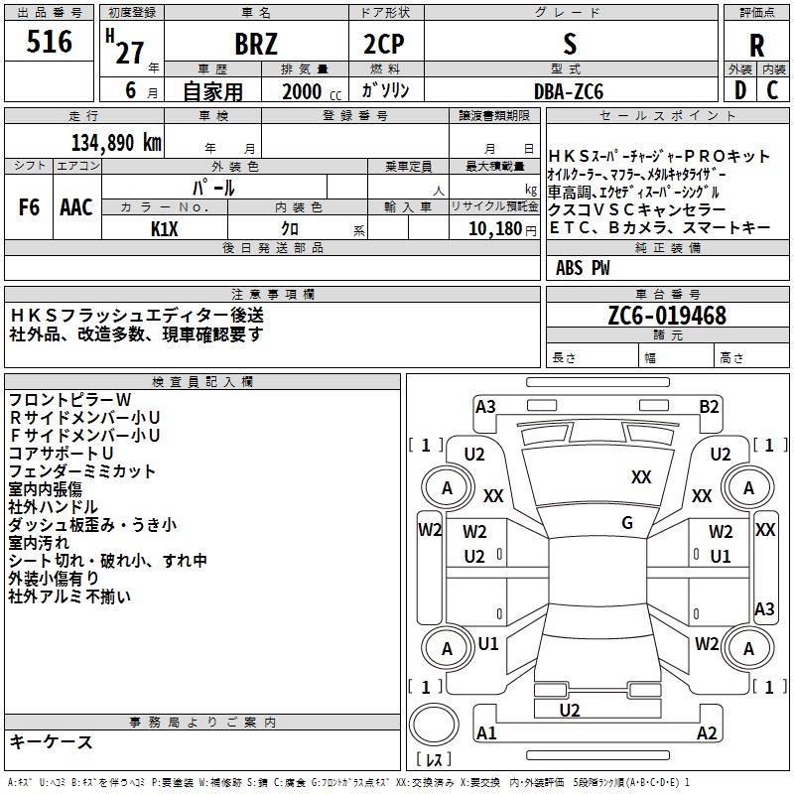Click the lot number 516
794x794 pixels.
(x=51, y=42)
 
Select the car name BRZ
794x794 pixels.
(x=256, y=45)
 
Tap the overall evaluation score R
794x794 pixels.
(x=756, y=45)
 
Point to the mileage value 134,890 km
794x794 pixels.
(x=116, y=143)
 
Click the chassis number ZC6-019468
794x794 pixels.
(x=667, y=317)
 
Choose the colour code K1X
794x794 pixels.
(x=165, y=228)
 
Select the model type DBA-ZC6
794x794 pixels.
(x=569, y=91)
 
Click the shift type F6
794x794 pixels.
(x=30, y=207)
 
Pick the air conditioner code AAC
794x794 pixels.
(x=76, y=207)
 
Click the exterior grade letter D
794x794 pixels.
(x=739, y=91)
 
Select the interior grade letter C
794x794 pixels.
(x=772, y=91)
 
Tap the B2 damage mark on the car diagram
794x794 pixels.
(x=709, y=406)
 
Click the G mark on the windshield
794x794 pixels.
(x=627, y=523)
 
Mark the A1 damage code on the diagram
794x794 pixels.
(x=486, y=733)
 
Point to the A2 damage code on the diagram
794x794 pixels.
(x=707, y=733)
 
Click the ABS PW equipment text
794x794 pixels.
(x=583, y=268)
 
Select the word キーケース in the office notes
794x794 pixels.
(x=51, y=741)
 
